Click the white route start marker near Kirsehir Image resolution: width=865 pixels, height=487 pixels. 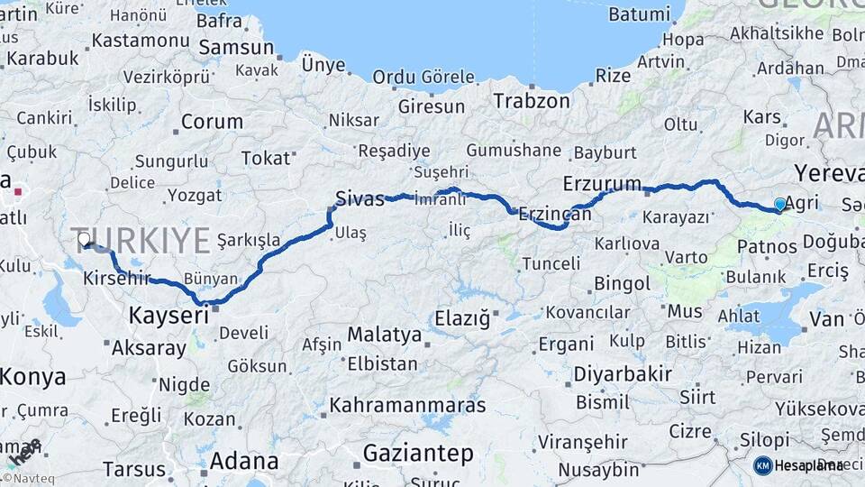tap(84, 239)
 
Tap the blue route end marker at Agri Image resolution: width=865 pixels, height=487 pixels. tap(780, 205)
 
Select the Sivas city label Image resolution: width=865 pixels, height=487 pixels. tap(359, 198)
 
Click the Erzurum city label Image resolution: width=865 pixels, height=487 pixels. tap(602, 183)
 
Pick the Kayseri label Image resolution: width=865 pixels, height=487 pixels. tap(168, 316)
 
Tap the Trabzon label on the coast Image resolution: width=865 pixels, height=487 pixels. tap(532, 100)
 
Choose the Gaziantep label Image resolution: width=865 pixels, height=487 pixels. tap(418, 452)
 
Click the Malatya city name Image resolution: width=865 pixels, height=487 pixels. tap(384, 335)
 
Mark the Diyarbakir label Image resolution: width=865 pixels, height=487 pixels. tap(623, 373)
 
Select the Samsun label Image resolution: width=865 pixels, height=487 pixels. tap(235, 47)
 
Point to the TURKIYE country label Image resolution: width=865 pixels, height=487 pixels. tap(141, 241)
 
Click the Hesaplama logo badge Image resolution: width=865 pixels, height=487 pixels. tap(798, 465)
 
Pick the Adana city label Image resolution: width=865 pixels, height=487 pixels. tap(244, 461)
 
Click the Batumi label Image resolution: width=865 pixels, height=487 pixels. tap(640, 14)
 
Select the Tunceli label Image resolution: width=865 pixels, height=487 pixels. tap(551, 263)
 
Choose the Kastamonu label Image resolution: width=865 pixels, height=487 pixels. tap(141, 41)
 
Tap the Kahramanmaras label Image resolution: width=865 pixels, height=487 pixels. tap(407, 405)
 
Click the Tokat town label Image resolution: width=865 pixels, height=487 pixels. tap(266, 159)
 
